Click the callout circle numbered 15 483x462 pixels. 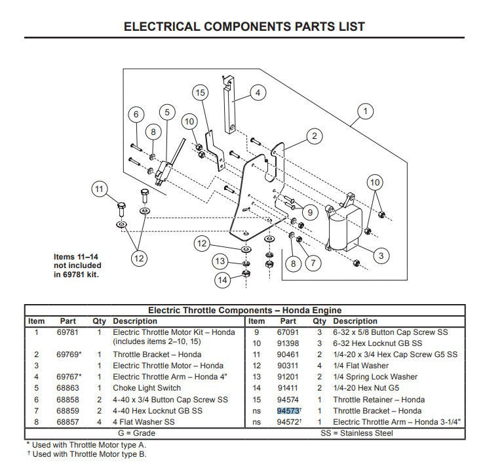(x=201, y=92)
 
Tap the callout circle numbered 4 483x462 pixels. (x=258, y=92)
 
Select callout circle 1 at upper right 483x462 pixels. (x=365, y=111)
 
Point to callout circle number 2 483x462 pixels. (x=315, y=136)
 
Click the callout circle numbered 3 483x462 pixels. (x=381, y=256)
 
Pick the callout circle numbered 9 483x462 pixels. (x=310, y=212)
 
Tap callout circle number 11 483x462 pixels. (x=99, y=189)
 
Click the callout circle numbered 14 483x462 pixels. (x=222, y=280)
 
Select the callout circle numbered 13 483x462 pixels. (x=220, y=261)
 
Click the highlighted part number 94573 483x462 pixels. (x=288, y=411)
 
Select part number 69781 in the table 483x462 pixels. (x=68, y=332)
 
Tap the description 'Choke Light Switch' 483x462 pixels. (x=147, y=388)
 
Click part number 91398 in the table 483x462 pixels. (x=288, y=343)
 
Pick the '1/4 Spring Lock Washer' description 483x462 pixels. (x=375, y=377)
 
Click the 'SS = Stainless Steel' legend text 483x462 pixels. (x=357, y=433)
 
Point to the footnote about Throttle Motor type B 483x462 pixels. (x=87, y=454)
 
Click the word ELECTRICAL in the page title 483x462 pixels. (x=162, y=26)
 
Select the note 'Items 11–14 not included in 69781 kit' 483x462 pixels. (x=77, y=265)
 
